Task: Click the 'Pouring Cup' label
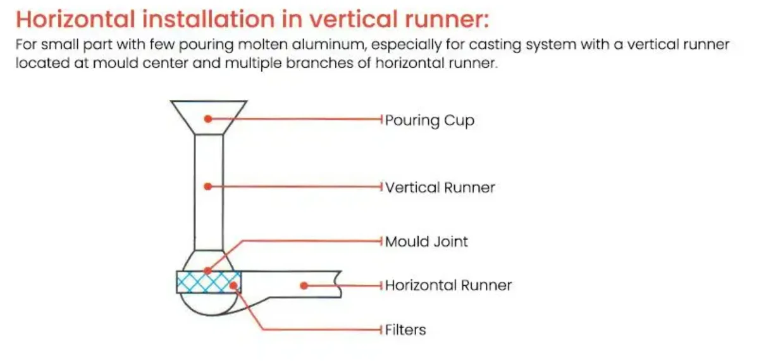(429, 120)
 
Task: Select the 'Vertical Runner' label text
(440, 187)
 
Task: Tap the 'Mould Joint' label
(427, 242)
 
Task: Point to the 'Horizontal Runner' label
(448, 285)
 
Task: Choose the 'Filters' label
(405, 329)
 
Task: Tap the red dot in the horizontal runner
(304, 286)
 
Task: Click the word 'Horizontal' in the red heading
(75, 18)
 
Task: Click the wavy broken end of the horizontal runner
(338, 285)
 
